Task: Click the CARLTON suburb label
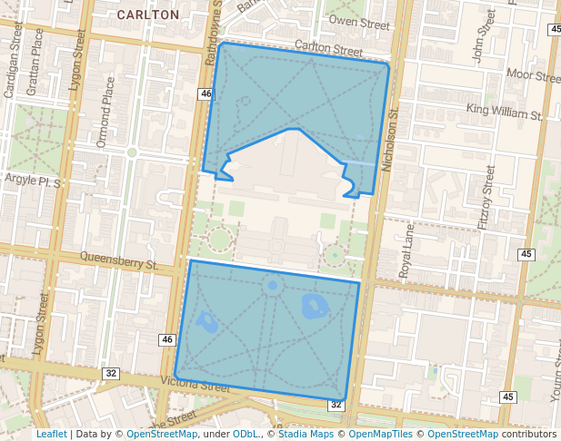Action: tap(147, 15)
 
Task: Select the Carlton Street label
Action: tap(330, 45)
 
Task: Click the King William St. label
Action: tap(504, 113)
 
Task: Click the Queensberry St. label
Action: tap(119, 261)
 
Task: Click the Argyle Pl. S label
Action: tap(32, 181)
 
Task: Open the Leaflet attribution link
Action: tap(51, 434)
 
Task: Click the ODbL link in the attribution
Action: tap(245, 434)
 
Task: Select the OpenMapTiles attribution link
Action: tap(382, 434)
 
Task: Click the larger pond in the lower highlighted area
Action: tap(314, 306)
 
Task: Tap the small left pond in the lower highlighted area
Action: tap(206, 320)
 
